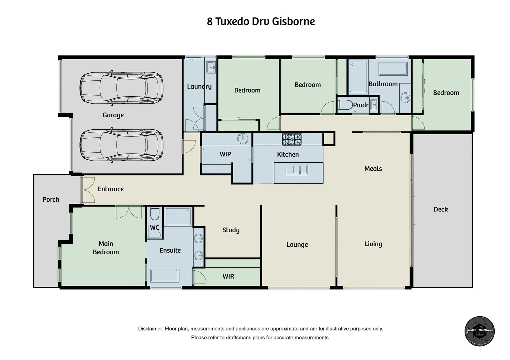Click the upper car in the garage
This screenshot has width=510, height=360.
coord(121,87)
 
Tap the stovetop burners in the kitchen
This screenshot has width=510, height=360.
coord(292,139)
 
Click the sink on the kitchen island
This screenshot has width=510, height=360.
coord(297,170)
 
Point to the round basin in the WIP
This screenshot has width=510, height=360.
coord(243,138)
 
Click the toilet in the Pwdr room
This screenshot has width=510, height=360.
coord(345,105)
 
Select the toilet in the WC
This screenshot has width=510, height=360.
coord(155,214)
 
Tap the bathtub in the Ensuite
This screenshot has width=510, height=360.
coord(165,276)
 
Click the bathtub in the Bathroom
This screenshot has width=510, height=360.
coord(393,69)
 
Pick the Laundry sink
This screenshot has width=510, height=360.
coord(211,67)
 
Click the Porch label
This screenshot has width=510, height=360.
coord(51,199)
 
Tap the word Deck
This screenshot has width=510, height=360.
coord(441,209)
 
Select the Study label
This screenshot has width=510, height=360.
coord(231,230)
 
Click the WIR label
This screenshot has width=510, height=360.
coord(228,276)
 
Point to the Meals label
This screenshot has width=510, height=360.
coord(373,169)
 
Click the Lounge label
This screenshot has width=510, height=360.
coord(297,245)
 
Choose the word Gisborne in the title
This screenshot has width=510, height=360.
coord(294,21)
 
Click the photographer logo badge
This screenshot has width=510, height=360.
coord(480,331)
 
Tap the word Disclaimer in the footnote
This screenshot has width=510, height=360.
coord(150,329)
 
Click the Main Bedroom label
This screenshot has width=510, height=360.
coord(106,248)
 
